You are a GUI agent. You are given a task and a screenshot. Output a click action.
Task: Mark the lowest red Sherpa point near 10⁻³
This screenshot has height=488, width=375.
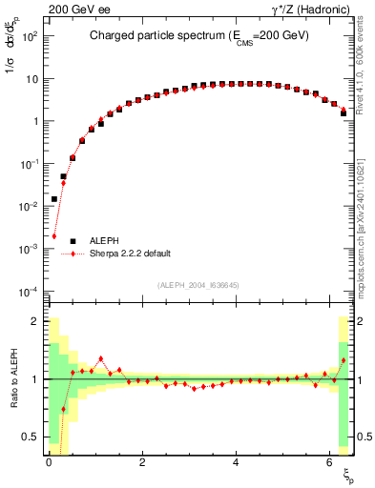[54, 236]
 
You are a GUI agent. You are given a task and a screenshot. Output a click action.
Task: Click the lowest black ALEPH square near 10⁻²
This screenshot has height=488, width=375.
[54, 199]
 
